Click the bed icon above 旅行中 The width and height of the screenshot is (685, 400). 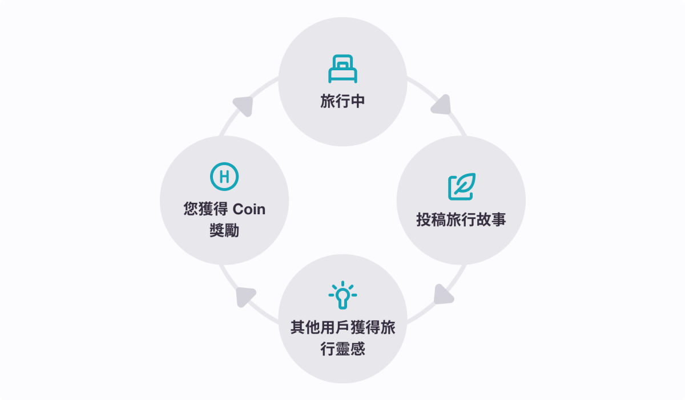coord(342,69)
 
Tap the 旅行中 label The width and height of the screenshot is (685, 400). coord(342,102)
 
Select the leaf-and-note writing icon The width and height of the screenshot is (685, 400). coord(461,187)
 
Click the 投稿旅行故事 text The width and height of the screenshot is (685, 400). coord(461,220)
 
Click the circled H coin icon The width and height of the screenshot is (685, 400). coord(224,177)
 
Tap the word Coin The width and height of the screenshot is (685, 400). coord(249,209)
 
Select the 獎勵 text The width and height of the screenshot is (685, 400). coord(224,231)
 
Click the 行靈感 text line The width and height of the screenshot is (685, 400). coord(342,349)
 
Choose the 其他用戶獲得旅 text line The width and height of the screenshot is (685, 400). coord(342,328)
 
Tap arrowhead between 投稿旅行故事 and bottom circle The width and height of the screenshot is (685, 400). coord(443,294)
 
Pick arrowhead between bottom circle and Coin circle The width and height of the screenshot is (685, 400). coord(245,296)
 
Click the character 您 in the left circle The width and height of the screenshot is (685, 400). coord(191,209)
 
